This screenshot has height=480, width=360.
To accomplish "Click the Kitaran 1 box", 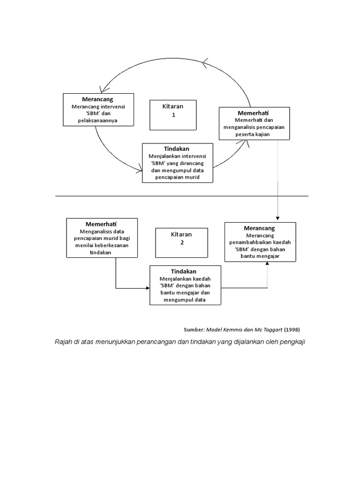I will [173, 114].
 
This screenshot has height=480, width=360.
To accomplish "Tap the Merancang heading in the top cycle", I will [97, 99].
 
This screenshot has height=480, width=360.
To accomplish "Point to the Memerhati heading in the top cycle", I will [253, 113].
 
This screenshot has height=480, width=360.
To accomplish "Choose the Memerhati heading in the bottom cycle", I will [101, 224].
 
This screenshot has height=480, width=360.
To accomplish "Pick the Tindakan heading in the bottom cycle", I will [184, 271].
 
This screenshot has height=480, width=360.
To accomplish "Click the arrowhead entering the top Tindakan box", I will [140, 170].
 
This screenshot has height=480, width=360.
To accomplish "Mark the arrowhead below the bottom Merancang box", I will [268, 264].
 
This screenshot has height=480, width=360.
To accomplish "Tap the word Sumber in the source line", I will [194, 329].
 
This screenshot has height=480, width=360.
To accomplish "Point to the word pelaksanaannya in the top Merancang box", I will [97, 121].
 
